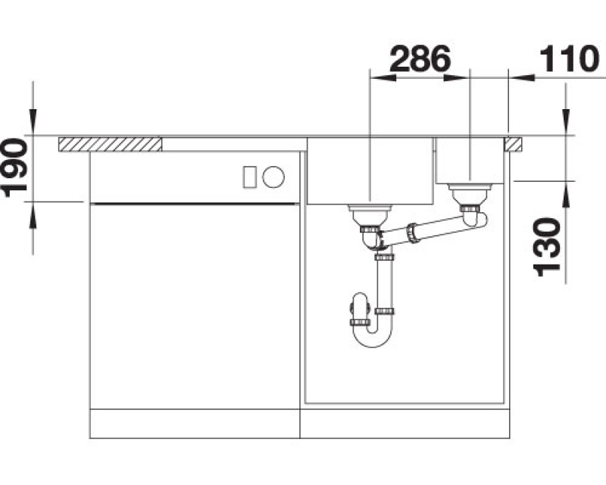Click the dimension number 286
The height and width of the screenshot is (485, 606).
(x=420, y=59)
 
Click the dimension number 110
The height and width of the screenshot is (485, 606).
(x=569, y=59)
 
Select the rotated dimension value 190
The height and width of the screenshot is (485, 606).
(x=14, y=168)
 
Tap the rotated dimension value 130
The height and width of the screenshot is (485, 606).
(x=547, y=247)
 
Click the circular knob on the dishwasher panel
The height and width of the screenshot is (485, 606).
(x=273, y=177)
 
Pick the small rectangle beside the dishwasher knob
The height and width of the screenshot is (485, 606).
(x=249, y=177)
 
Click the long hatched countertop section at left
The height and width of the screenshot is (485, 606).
(x=110, y=144)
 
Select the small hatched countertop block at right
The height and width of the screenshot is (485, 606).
(x=513, y=144)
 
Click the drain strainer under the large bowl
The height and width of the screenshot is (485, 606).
(x=370, y=217)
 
